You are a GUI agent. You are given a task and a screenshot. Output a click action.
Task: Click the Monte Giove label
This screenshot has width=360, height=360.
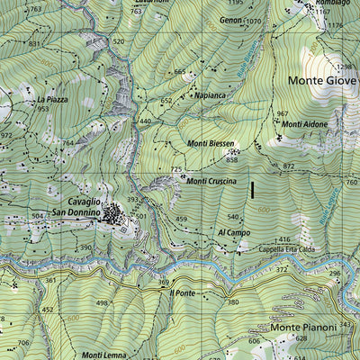point(322,80)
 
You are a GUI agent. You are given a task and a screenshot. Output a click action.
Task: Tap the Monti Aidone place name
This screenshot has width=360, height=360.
point(301,123)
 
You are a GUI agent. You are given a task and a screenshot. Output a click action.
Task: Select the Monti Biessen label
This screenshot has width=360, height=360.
point(211,143)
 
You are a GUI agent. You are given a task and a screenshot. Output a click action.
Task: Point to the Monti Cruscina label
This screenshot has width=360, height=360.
point(211,181)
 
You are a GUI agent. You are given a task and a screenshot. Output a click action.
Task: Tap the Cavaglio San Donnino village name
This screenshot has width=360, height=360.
point(76,207)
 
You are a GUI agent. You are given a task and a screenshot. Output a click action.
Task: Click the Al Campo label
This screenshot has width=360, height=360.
point(233,232)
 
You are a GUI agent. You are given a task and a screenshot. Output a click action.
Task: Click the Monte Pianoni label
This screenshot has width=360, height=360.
point(310,328)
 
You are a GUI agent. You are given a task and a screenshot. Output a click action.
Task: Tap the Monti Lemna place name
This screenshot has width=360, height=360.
point(103,355)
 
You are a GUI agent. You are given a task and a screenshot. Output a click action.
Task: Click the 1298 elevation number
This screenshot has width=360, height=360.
point(344,67)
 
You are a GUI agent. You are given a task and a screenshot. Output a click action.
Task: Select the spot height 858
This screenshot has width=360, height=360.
point(232,160)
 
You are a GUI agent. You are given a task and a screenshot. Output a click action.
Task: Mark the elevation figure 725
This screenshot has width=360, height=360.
point(176,169)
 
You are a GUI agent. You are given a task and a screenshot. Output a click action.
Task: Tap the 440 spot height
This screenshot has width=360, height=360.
point(145,121)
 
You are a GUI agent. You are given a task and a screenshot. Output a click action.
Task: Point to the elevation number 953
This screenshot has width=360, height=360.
point(42,109)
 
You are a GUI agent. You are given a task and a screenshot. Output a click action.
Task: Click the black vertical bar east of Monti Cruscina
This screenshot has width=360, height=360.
point(253,190)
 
